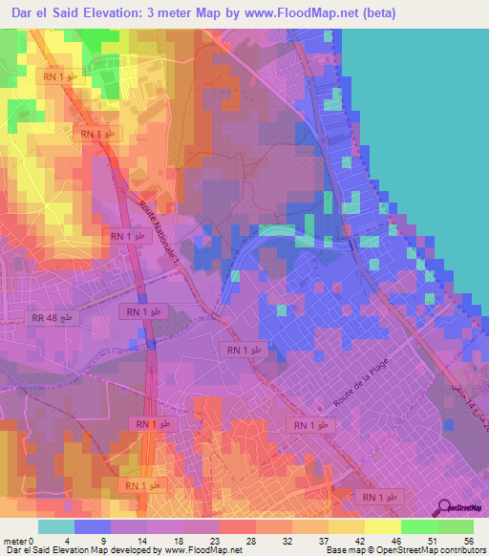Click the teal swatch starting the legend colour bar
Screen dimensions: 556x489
(x=56, y=526)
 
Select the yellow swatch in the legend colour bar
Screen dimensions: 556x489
(x=383, y=526)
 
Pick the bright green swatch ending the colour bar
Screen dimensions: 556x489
(x=456, y=526)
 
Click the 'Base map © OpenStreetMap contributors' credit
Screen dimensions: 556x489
(x=404, y=550)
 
